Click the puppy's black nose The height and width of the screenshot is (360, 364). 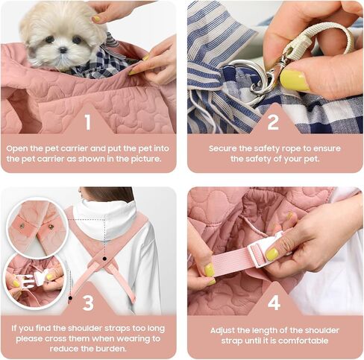click(x=63, y=50)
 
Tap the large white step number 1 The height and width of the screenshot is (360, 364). click(x=87, y=122)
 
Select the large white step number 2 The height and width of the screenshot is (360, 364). click(x=273, y=122)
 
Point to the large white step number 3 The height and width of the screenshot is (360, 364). click(x=88, y=303)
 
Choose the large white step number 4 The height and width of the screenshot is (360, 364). click(x=274, y=303)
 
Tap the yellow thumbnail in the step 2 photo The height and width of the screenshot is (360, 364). click(x=294, y=80)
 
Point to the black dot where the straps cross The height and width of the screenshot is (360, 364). click(x=104, y=259)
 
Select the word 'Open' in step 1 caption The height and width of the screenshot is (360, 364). click(x=17, y=149)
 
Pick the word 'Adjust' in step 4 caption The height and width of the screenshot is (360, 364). click(x=222, y=331)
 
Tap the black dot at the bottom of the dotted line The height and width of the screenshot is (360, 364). click(x=70, y=297)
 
